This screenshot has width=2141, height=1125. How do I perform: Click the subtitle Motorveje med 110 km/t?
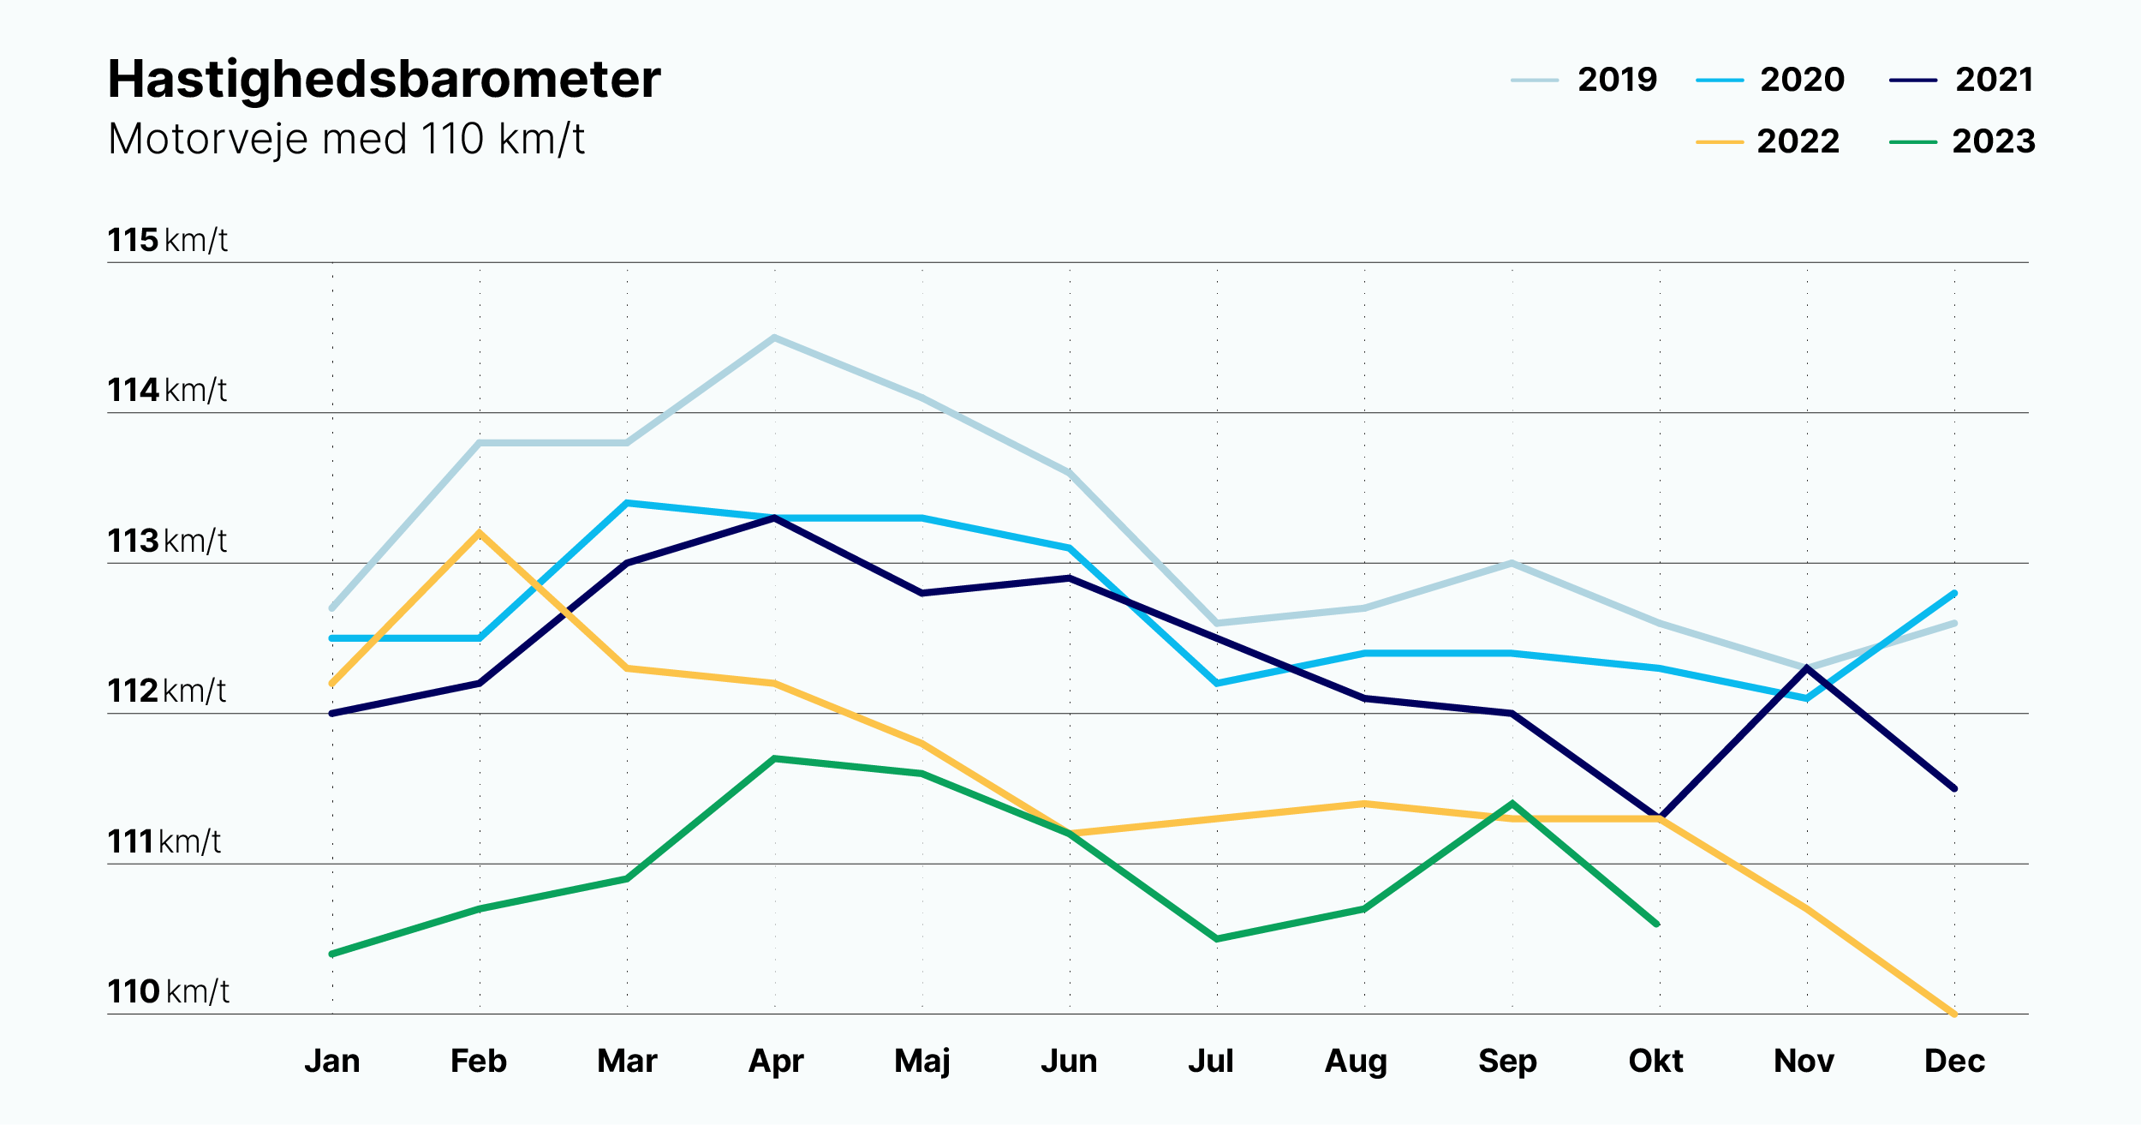[346, 139]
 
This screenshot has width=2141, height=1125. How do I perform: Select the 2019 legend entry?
[1584, 80]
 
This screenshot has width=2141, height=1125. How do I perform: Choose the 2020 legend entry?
[1770, 80]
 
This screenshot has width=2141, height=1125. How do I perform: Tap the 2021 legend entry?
[1961, 80]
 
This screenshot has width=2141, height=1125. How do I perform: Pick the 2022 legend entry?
[1768, 141]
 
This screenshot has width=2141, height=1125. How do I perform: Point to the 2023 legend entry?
[1962, 141]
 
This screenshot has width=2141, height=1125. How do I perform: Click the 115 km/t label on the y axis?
[168, 240]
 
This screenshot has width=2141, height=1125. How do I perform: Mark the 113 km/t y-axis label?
[168, 541]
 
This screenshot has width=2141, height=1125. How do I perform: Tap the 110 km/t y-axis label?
[169, 991]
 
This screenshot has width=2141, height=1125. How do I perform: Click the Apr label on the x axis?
[776, 1062]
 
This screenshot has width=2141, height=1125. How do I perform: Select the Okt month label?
[1655, 1061]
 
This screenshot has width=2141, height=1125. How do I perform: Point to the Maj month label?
[922, 1062]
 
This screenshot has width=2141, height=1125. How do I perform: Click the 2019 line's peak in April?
[774, 338]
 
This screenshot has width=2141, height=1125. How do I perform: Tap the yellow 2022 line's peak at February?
[480, 533]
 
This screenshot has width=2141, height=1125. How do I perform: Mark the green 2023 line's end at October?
[1658, 925]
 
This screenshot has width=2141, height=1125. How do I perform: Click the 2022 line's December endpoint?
[1955, 1014]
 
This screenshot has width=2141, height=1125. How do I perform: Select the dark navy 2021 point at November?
[1807, 668]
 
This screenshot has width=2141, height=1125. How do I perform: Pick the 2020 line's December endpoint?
[1955, 593]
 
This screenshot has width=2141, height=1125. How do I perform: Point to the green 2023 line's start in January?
[332, 954]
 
